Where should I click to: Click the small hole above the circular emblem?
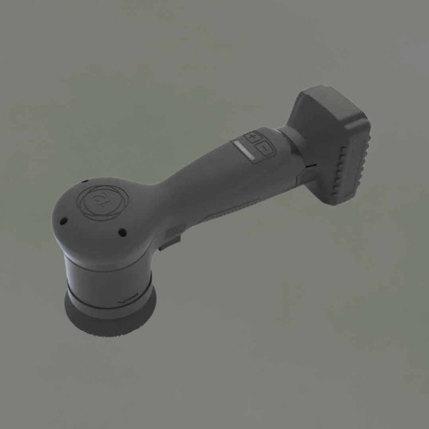pos(85,182)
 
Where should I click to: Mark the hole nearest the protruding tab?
pos(122,232)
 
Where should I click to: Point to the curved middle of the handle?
pos(207,179)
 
